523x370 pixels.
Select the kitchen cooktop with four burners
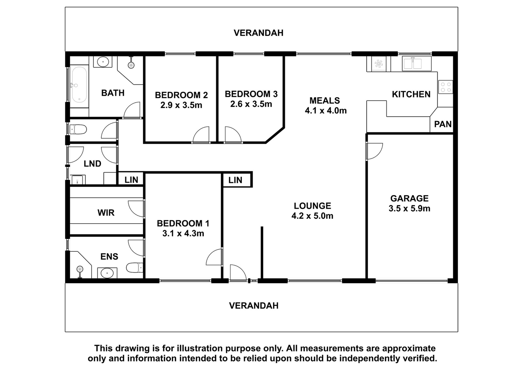coord(446,87)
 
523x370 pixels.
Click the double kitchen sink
coord(416,63)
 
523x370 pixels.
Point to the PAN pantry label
coord(443,124)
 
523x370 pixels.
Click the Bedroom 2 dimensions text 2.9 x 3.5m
coord(181,105)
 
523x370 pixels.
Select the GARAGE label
coord(409,198)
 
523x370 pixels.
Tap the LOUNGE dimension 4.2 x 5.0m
coord(312,216)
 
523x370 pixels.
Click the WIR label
coord(106,213)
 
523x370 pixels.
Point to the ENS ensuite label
coord(109,257)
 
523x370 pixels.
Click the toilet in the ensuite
coord(135,267)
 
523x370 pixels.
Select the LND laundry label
coord(93,164)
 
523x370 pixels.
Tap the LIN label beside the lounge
coord(235,180)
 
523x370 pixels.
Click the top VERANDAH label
coord(259,33)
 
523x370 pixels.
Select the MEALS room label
coord(325,100)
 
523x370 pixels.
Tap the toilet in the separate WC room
coord(78,129)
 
